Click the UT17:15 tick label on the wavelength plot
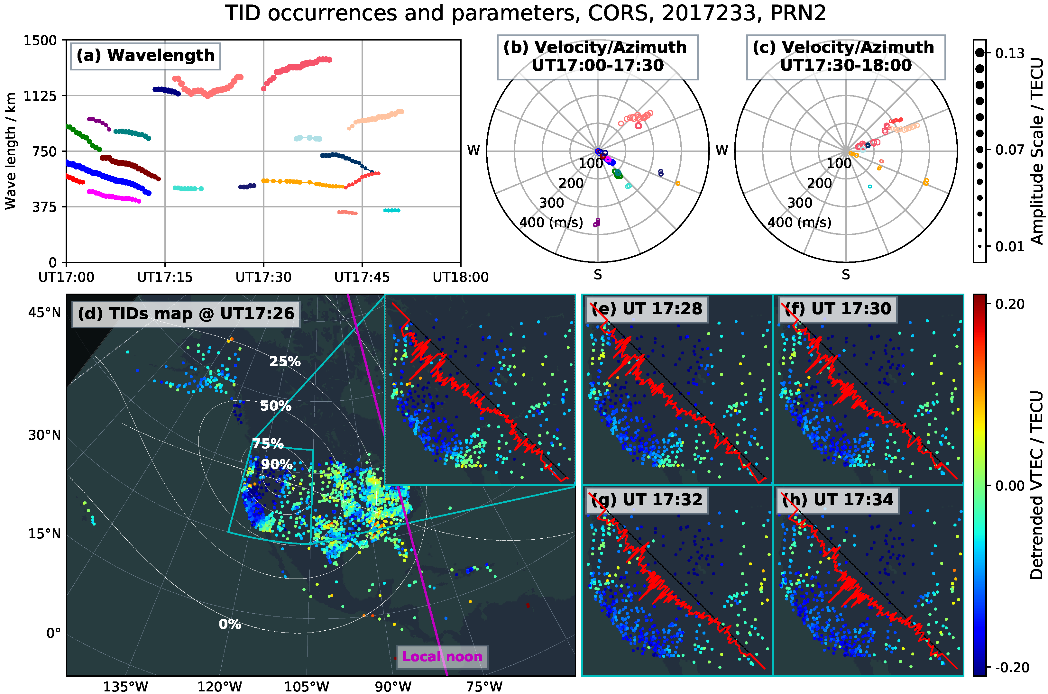point(165,278)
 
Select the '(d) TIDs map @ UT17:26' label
point(186,314)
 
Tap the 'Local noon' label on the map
point(442,656)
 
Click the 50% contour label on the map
point(275,406)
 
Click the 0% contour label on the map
point(230,624)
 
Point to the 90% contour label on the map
point(276,464)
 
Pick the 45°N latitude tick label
point(44,313)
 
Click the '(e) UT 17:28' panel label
point(647,309)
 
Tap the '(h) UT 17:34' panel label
point(837,500)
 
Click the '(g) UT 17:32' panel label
point(647,500)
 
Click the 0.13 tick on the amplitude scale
point(1009,54)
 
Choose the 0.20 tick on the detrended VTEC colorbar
point(1009,304)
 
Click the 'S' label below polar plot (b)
point(597,275)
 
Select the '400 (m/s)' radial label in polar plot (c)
point(799,222)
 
